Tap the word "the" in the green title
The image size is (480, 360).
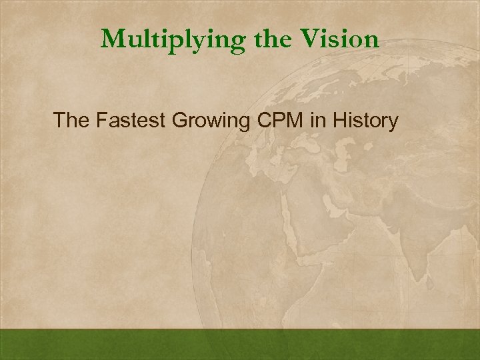(270, 39)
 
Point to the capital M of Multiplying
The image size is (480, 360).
(114, 39)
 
